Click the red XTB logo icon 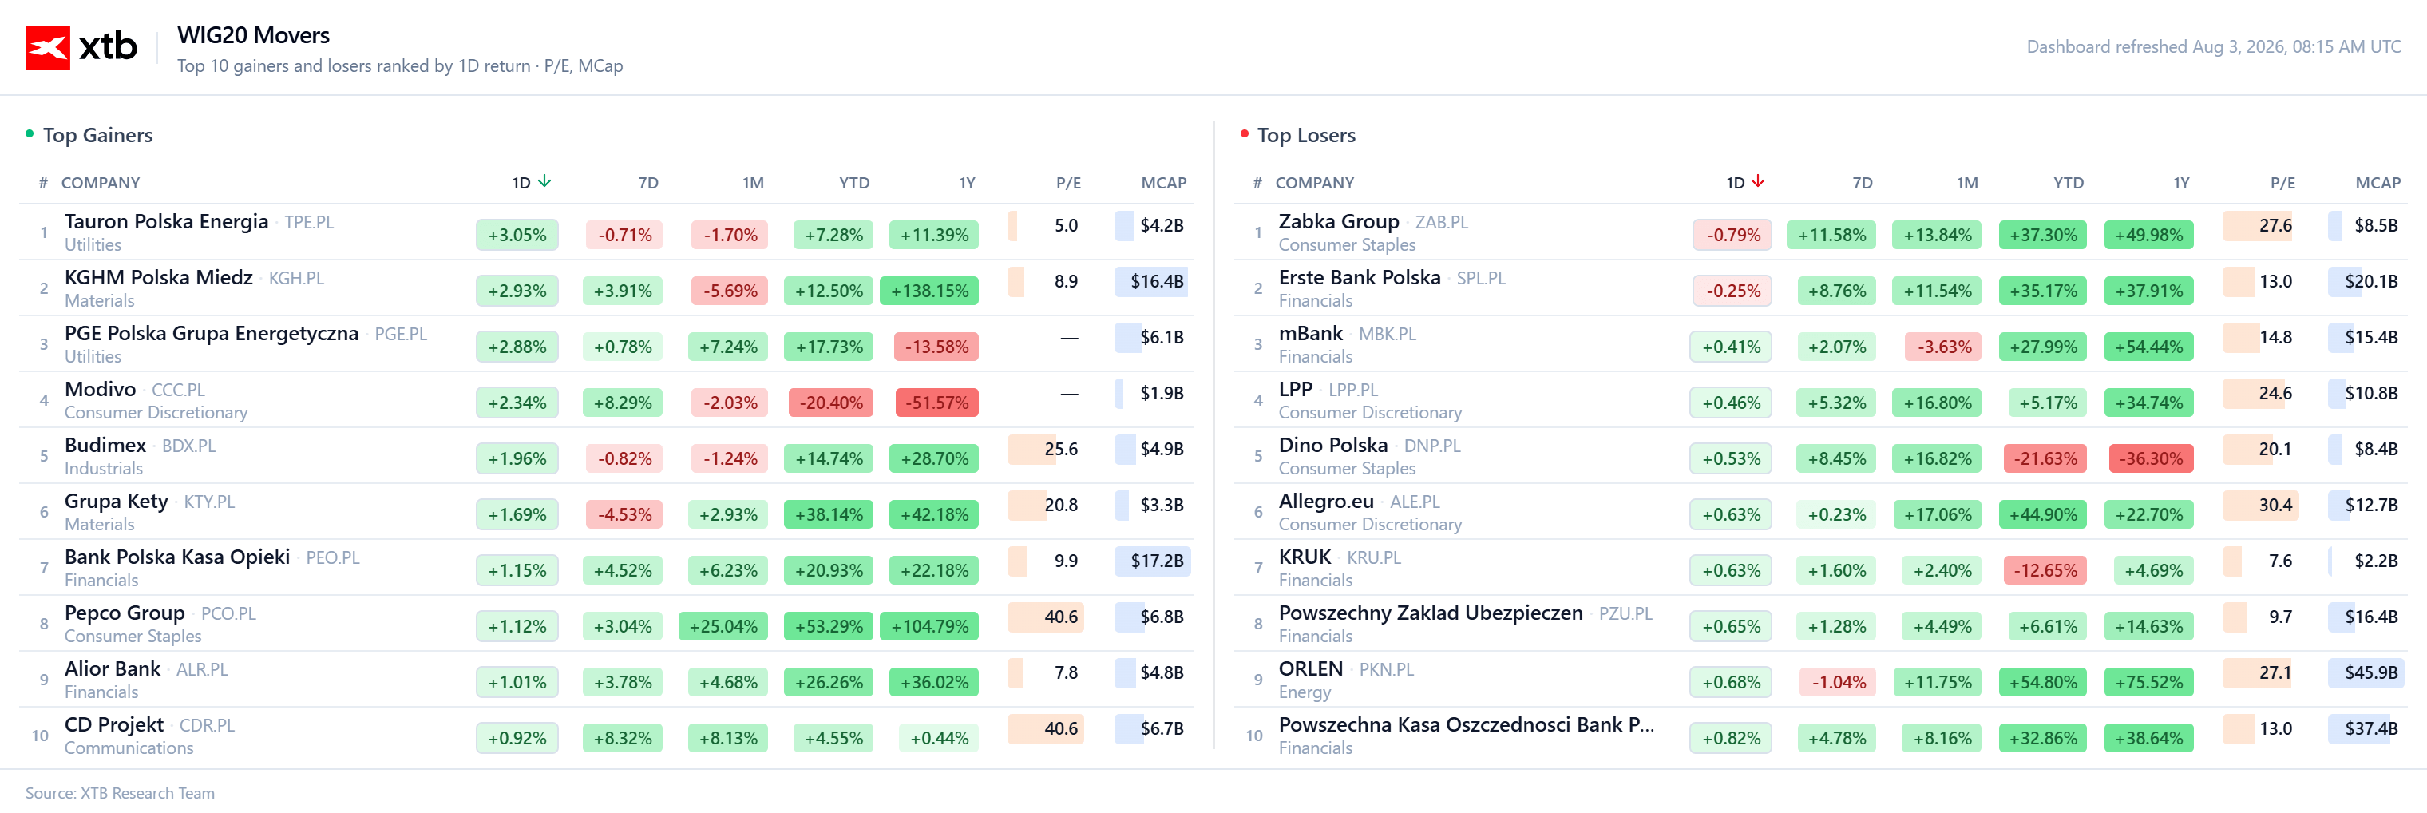[x=47, y=47]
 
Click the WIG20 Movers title [x=253, y=35]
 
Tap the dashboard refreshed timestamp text [x=2213, y=46]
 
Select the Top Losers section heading [x=1306, y=135]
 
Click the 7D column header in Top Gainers [x=648, y=183]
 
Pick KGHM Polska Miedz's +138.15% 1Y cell [x=929, y=290]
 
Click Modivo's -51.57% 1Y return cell [x=936, y=403]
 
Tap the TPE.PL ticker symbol [x=309, y=222]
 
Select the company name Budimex [x=105, y=445]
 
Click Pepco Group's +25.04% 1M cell [x=723, y=625]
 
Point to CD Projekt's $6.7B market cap [x=1162, y=728]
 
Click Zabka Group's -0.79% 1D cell [x=1732, y=235]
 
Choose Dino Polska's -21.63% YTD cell [x=2045, y=458]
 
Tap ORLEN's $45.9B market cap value [x=2370, y=672]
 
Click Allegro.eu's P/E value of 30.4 [x=2275, y=505]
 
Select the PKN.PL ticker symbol [x=1386, y=670]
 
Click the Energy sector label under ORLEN [x=1304, y=692]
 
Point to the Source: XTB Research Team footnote [x=120, y=793]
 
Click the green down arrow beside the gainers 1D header [x=544, y=180]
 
